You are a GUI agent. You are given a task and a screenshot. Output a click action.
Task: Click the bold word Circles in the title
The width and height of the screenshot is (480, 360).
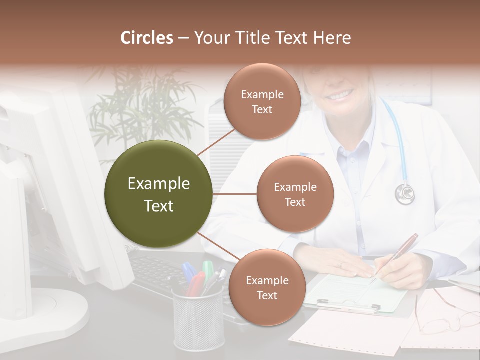[x=147, y=38]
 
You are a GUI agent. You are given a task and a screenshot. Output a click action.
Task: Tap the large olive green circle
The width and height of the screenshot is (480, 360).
[x=159, y=194]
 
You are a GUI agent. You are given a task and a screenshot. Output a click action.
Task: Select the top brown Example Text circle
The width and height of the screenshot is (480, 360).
[x=262, y=101]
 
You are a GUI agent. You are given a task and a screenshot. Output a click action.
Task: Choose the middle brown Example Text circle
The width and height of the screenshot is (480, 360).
[x=295, y=194]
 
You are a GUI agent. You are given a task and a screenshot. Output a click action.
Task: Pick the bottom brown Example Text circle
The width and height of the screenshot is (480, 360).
[x=267, y=287]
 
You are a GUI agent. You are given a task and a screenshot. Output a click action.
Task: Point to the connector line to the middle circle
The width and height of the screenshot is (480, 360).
[x=235, y=194]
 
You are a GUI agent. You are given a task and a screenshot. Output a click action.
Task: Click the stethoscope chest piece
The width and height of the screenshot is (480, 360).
[x=405, y=193]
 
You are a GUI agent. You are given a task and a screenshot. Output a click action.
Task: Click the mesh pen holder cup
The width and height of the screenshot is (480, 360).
[x=198, y=320]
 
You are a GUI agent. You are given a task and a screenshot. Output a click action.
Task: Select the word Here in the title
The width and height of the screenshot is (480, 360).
[x=332, y=38]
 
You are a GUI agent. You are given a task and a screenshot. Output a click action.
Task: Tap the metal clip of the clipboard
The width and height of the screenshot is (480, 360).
[x=345, y=305]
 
